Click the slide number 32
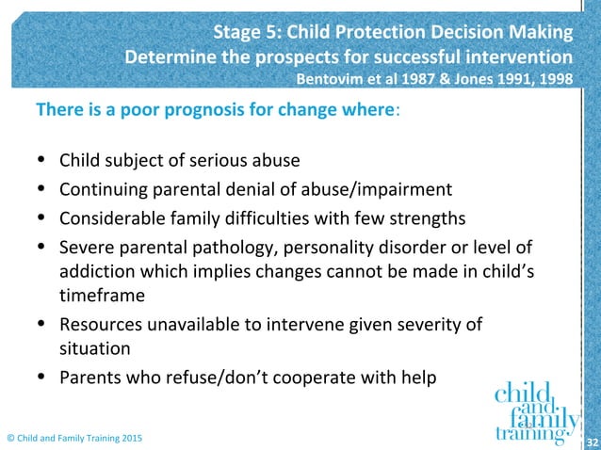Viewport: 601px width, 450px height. [x=592, y=440]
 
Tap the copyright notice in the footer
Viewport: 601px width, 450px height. [x=75, y=439]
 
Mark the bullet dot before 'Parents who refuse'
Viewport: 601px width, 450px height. [x=41, y=378]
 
